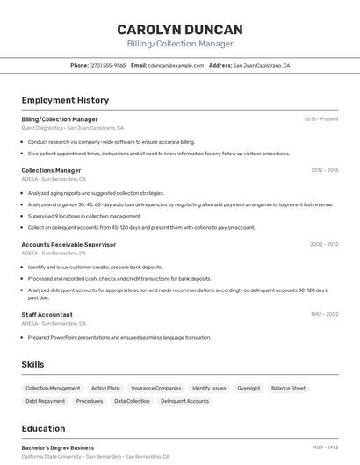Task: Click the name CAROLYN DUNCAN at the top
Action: (180, 30)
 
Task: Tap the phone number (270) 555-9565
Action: (108, 65)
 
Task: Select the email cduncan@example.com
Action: (176, 65)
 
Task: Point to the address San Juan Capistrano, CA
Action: (261, 65)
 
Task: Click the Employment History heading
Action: (65, 100)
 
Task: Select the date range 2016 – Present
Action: (321, 118)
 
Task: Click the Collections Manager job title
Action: (51, 170)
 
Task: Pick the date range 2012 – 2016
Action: (324, 170)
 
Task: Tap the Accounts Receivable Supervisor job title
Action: (68, 245)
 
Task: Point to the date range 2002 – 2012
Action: (324, 245)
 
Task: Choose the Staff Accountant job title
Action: (47, 314)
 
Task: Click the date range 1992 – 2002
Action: (324, 314)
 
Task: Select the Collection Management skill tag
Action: (53, 388)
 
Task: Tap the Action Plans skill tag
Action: (105, 388)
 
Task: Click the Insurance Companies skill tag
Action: (156, 388)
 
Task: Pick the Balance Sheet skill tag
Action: (288, 388)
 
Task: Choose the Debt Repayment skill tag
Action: (45, 401)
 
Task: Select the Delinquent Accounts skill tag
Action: (184, 401)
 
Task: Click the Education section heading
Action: (43, 429)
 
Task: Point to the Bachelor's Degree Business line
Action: (58, 447)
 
